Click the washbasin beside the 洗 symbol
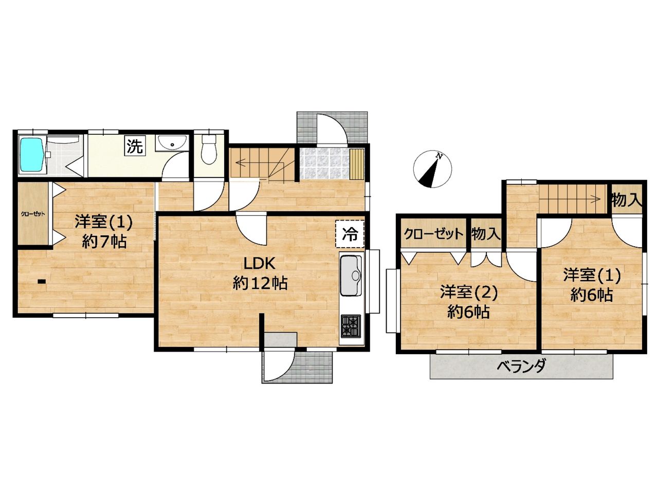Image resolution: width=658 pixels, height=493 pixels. tap(172, 143)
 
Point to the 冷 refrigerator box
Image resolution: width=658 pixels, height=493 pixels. tap(350, 234)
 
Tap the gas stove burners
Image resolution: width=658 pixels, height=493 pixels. tap(351, 326)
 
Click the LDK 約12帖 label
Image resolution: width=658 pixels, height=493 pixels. tap(260, 273)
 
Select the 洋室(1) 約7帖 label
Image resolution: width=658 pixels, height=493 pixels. tap(104, 231)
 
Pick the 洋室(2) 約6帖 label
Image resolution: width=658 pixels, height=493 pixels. tap(469, 302)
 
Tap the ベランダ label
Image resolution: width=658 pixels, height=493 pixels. tap(521, 366)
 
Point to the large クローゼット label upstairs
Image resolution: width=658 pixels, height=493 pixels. tap(433, 234)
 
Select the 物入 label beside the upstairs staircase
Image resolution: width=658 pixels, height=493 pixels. tap(626, 199)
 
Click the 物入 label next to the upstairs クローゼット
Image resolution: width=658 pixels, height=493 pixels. tap(486, 233)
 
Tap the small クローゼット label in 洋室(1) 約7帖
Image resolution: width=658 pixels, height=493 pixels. tap(33, 214)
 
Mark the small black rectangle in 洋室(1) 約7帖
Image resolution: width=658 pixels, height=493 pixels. tap(42, 281)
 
